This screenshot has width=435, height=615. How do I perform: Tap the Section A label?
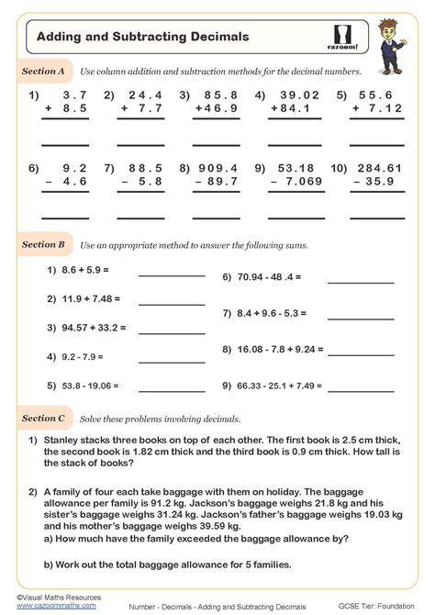click(43, 70)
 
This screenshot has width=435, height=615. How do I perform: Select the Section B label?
click(43, 245)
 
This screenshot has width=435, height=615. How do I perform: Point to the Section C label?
click(43, 418)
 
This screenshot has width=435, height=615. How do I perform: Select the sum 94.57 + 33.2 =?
click(92, 328)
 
